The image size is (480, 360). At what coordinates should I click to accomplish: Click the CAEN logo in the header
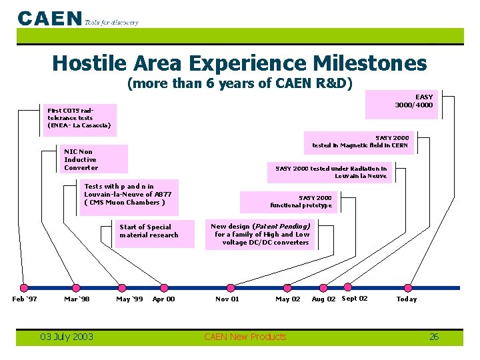pos(50,18)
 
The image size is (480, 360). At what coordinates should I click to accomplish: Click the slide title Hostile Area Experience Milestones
pos(239,63)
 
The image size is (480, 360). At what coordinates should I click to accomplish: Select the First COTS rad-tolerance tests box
pos(79,117)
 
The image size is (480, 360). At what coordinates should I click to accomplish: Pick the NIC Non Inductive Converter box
pos(94,159)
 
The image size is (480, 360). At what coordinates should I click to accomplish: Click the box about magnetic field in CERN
pos(360,141)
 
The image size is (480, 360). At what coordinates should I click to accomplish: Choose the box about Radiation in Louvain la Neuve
pos(331,173)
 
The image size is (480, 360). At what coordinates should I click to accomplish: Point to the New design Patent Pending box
pos(261,234)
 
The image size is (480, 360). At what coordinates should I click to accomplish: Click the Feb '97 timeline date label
pos(25,299)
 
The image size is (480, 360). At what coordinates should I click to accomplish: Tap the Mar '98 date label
pos(77,299)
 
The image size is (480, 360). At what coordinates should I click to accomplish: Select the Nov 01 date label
pos(227,299)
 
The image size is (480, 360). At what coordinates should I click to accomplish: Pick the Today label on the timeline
pos(406,299)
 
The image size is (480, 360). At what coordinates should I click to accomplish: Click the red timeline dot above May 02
pos(287,288)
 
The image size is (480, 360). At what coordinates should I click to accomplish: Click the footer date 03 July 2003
pos(67,337)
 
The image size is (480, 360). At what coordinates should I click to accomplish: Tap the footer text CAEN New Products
pos(245,337)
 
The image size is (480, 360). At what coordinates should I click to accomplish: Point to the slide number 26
pos(433,337)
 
